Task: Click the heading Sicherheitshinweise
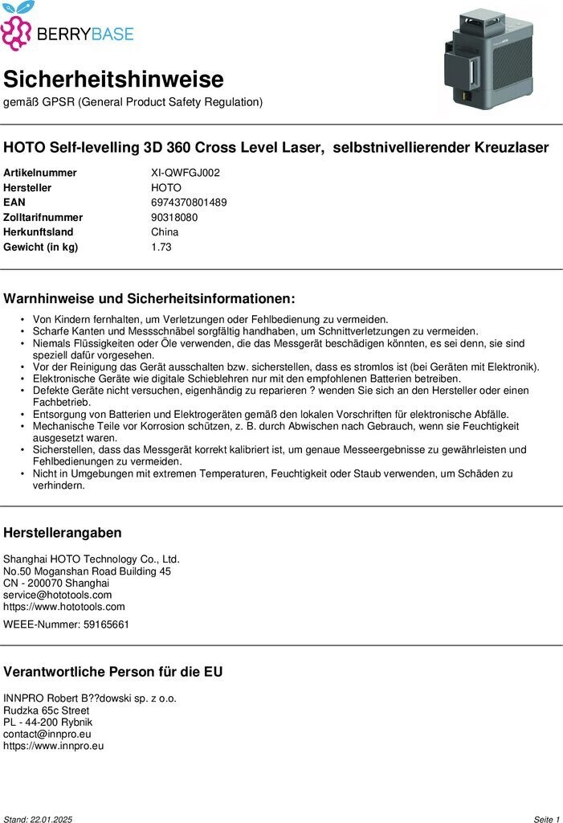coord(113,80)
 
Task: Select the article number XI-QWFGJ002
coord(186,173)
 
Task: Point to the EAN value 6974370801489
coord(189,203)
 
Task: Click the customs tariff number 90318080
coord(174,217)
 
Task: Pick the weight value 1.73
coord(161,247)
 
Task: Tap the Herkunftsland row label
coord(39,232)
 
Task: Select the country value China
coord(165,232)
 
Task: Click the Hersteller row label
coord(27,187)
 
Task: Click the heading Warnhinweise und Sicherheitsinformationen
coord(149,299)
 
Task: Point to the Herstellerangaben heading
coord(63,533)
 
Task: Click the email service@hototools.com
coord(58,595)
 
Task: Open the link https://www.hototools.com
coord(64,607)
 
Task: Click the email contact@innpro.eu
coord(47,734)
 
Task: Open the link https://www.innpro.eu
coord(54,746)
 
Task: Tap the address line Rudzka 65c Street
coord(47,710)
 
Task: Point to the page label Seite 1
coord(546,819)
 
